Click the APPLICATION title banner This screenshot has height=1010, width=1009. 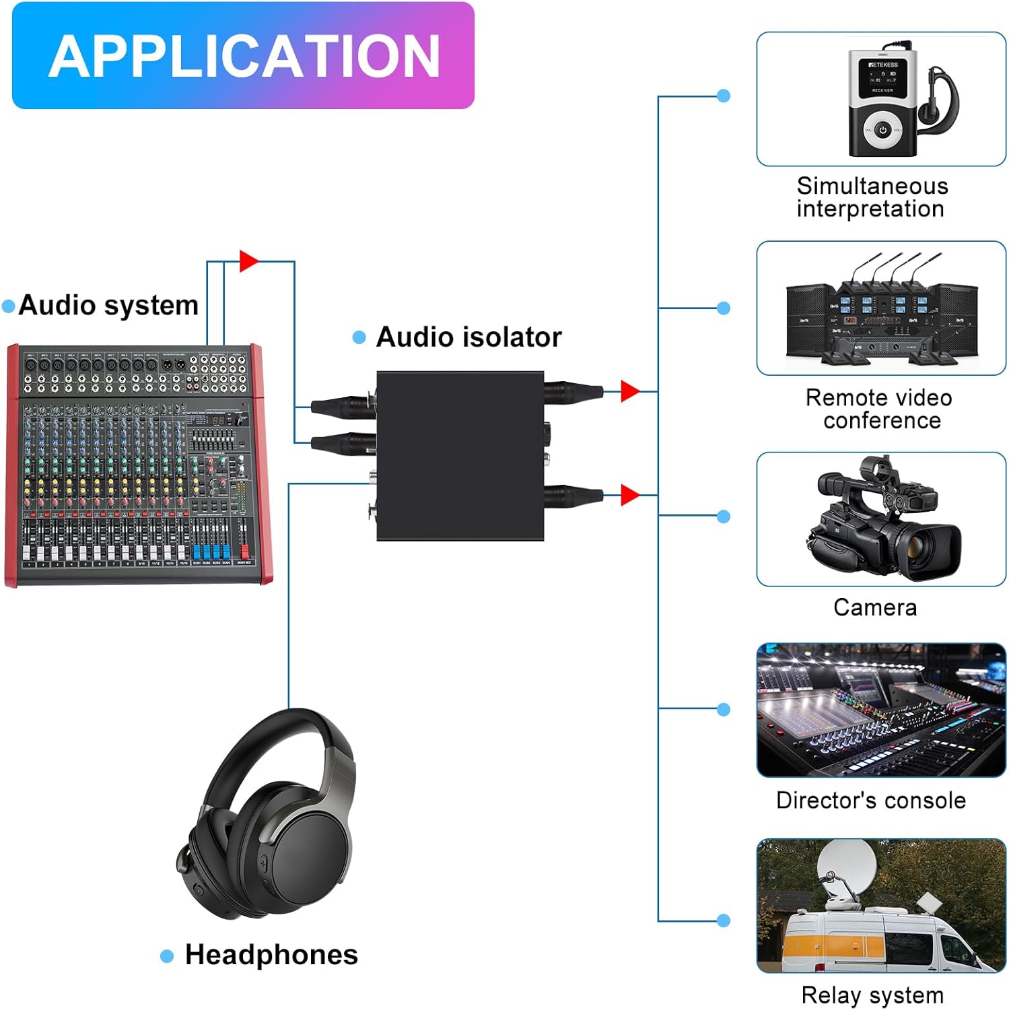point(243,55)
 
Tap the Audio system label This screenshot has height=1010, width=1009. point(108,305)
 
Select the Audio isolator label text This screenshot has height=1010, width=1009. point(468,337)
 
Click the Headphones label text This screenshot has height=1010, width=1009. point(271,955)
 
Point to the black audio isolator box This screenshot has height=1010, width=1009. point(460,456)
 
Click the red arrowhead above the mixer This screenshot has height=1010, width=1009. point(248,261)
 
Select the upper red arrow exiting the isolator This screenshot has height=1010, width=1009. point(629,391)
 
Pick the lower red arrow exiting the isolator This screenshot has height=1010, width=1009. point(629,495)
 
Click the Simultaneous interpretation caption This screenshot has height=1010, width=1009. point(872,197)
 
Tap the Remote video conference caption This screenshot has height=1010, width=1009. point(879,409)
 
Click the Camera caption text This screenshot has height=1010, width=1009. point(875,607)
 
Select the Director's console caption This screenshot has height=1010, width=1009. point(871,800)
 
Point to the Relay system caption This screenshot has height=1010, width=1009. point(872,995)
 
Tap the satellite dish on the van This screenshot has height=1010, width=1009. point(847,869)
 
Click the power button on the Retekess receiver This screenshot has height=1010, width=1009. point(882,131)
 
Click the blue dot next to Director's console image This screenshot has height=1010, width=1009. point(724,709)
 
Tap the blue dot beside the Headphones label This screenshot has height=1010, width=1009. point(167,956)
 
